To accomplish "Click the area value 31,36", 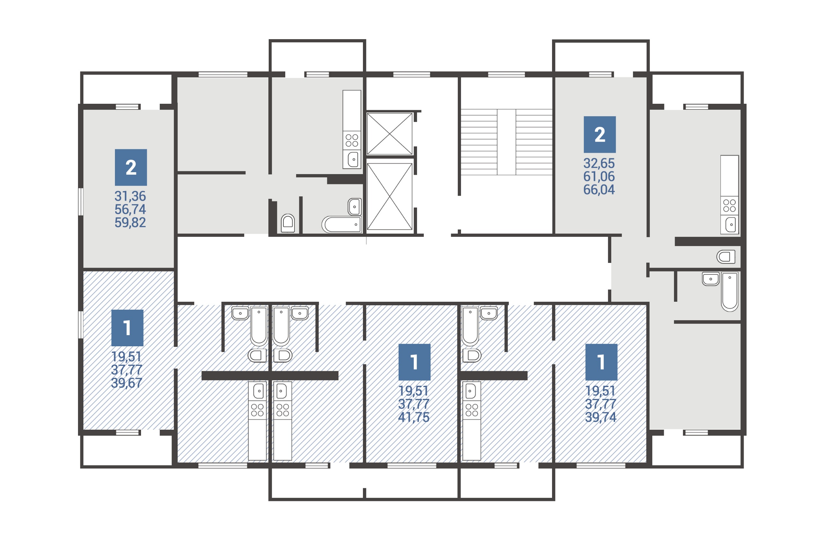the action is pyautogui.click(x=130, y=196).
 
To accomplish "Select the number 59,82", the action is pyautogui.click(x=130, y=223).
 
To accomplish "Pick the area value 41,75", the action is pyautogui.click(x=414, y=417).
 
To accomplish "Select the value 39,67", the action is pyautogui.click(x=126, y=383).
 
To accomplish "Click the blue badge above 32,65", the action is pyautogui.click(x=599, y=134).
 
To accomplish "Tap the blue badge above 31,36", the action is pyautogui.click(x=131, y=167).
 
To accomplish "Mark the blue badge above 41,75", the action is pyautogui.click(x=414, y=362).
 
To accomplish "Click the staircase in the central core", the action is pyautogui.click(x=506, y=142).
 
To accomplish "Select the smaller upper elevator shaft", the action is pyautogui.click(x=389, y=134).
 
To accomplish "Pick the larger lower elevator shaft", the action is pyautogui.click(x=389, y=196).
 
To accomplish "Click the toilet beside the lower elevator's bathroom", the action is pyautogui.click(x=287, y=223).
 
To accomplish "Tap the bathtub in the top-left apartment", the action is pyautogui.click(x=342, y=224).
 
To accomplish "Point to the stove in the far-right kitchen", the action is pyautogui.click(x=729, y=205).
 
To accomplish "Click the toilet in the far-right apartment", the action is pyautogui.click(x=726, y=257).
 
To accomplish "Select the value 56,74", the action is pyautogui.click(x=130, y=209).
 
